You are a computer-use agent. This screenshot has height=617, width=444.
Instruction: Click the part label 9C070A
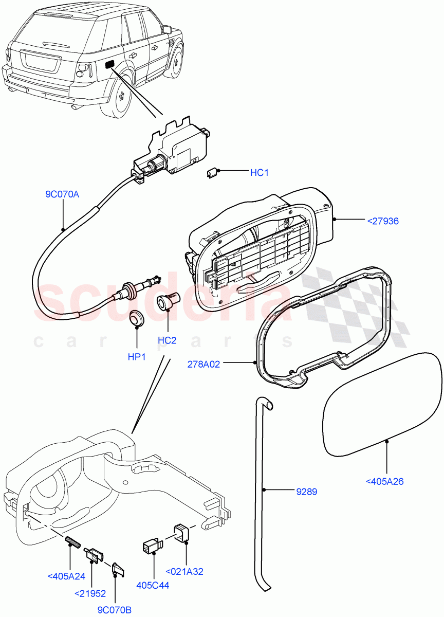point(62,194)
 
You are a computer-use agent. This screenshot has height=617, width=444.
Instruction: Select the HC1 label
point(259,173)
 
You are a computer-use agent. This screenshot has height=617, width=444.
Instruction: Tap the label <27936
point(383,221)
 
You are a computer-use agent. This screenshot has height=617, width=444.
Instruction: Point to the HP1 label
point(137,356)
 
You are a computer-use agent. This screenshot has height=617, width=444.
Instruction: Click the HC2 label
point(167,340)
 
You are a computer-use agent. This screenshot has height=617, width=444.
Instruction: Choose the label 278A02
point(204,364)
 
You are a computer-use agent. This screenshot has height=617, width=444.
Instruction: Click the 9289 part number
point(306,492)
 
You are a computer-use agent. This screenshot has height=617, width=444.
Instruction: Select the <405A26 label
point(384,481)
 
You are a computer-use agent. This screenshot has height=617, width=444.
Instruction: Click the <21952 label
point(90,593)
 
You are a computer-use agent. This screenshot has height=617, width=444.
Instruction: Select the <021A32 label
point(185,571)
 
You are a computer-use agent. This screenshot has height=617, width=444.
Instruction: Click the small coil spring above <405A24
point(70,541)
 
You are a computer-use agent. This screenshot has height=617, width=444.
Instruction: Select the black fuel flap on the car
point(110,64)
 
